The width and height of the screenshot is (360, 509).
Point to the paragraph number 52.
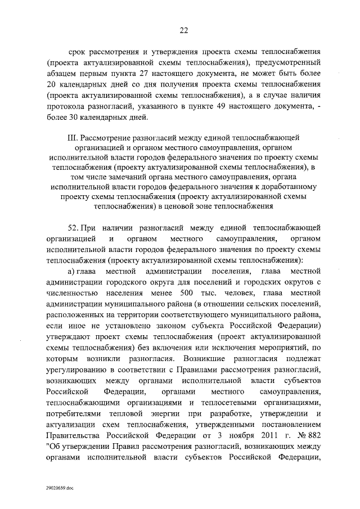[x=74, y=227]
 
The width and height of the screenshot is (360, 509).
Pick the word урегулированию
[x=74, y=369]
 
